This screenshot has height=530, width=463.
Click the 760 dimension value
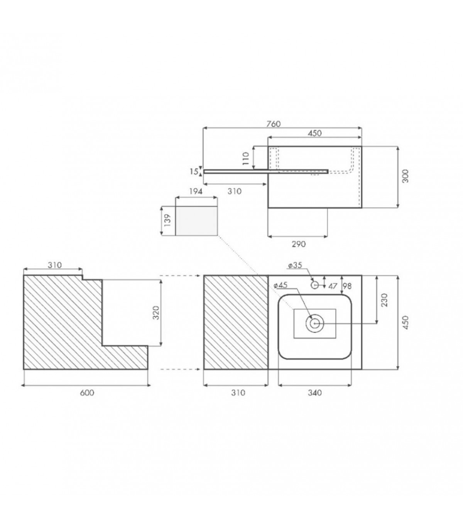[274, 124]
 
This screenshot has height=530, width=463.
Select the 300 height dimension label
[405, 176]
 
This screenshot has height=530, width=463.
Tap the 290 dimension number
[299, 244]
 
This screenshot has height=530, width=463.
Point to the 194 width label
[195, 192]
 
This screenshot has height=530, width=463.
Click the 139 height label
[167, 220]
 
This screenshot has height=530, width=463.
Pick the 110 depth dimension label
[246, 158]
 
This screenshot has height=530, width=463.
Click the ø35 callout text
[295, 265]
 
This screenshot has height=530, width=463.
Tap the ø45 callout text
[280, 285]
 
